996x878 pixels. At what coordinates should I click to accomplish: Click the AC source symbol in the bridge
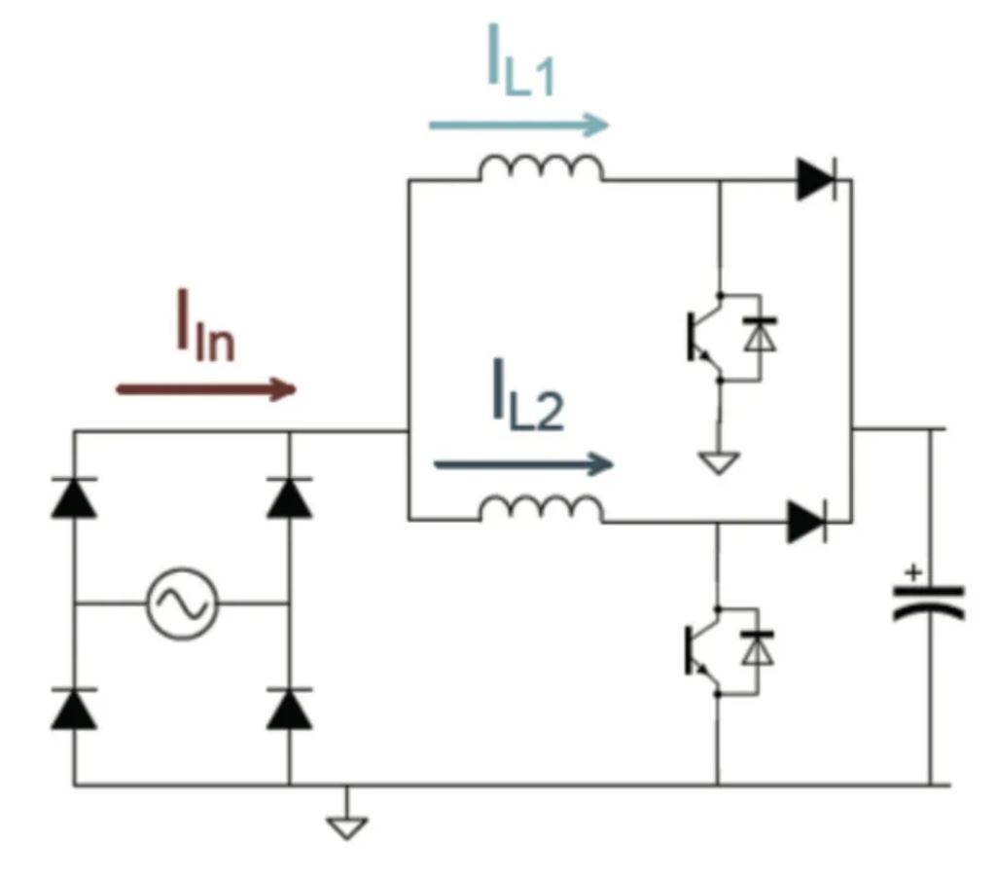coord(183,604)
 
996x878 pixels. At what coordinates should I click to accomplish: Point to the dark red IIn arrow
coord(205,389)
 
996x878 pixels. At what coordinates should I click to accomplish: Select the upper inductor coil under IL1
coord(540,169)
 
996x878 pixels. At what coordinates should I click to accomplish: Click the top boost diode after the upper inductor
coord(814,180)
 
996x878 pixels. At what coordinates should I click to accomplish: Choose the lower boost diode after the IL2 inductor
coord(806,522)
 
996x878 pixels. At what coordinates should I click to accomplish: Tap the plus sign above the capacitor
coord(911,572)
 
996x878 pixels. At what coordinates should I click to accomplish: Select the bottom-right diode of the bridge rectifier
coord(289,709)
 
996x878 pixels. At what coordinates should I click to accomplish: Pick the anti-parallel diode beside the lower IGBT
coord(757,647)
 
